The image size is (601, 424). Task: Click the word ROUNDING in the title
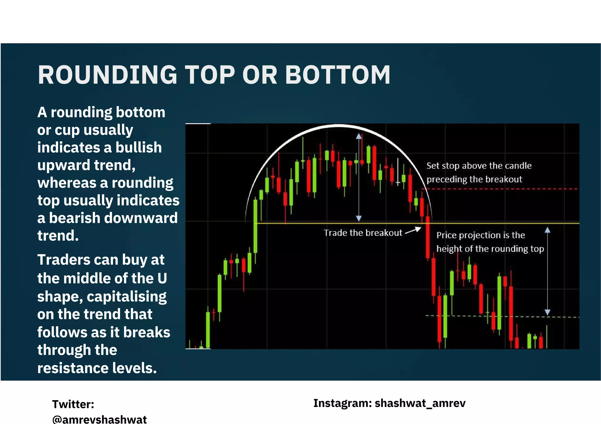pyautogui.click(x=107, y=75)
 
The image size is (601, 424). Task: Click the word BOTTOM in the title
pyautogui.click(x=337, y=75)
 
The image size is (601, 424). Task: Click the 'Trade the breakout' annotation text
pyautogui.click(x=363, y=233)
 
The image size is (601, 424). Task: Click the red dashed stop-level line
pyautogui.click(x=499, y=189)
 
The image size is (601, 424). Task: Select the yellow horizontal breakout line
pyautogui.click(x=337, y=223)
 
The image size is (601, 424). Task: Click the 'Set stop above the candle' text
pyautogui.click(x=479, y=166)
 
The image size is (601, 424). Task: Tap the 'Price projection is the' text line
pyautogui.click(x=480, y=235)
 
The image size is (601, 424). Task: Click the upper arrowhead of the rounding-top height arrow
pyautogui.click(x=359, y=136)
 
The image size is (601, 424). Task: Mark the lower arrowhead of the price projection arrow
pyautogui.click(x=547, y=313)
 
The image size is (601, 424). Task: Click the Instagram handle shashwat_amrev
pyautogui.click(x=420, y=403)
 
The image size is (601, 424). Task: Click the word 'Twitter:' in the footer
pyautogui.click(x=73, y=404)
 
